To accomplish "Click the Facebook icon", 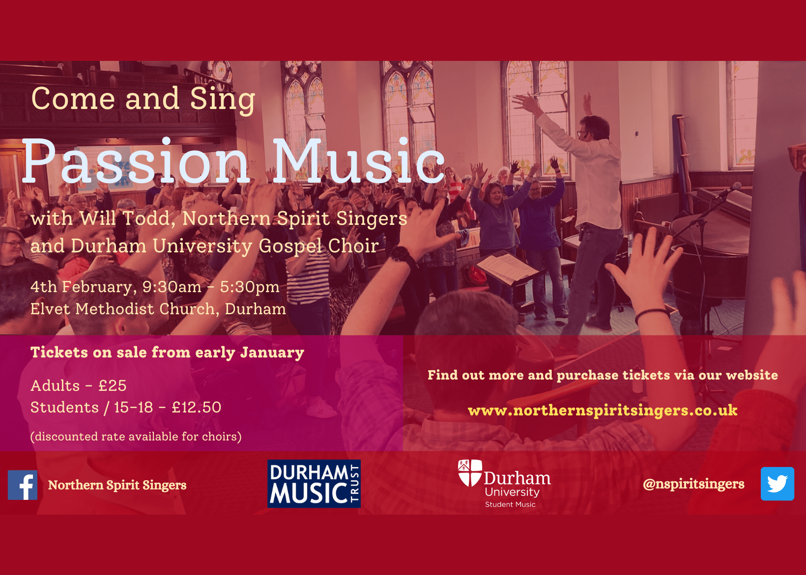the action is [22, 485].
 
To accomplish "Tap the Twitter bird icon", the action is [777, 484].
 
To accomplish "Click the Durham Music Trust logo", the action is [314, 484].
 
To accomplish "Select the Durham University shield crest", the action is [469, 473].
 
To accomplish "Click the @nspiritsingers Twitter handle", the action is [693, 484].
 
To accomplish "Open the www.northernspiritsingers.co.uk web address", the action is [603, 411].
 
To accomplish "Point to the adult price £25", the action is [113, 386].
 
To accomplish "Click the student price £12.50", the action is [197, 408].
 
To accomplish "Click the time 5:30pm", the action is [250, 287].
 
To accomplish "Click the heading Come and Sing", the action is [143, 99].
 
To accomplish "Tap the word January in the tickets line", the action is [272, 353].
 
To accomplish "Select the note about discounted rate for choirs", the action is [136, 437].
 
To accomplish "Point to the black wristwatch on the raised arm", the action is [403, 257].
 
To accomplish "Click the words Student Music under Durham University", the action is [510, 504].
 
